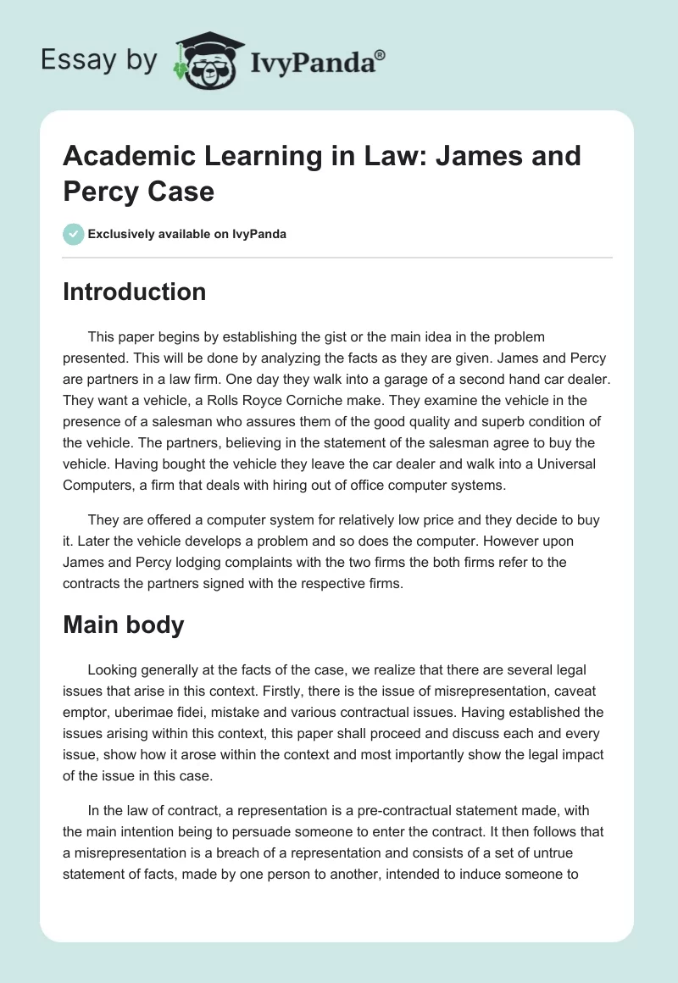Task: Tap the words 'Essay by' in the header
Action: click(x=98, y=60)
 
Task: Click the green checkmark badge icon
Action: click(x=74, y=234)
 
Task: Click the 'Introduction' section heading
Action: click(x=135, y=292)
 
